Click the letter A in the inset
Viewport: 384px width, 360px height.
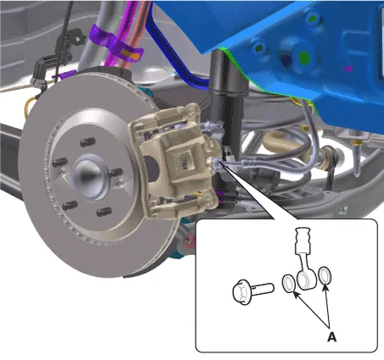click(x=331, y=337)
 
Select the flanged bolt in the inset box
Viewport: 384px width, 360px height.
click(x=253, y=291)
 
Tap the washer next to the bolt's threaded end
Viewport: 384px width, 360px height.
click(x=289, y=284)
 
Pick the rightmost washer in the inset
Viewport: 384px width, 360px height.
click(x=325, y=275)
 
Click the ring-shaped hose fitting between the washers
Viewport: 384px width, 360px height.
click(x=305, y=280)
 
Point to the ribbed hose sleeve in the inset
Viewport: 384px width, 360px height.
click(x=303, y=241)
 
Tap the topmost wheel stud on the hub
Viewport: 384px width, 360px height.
click(x=87, y=142)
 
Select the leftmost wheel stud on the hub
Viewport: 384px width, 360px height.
click(x=60, y=163)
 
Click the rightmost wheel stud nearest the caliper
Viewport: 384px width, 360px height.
click(x=115, y=172)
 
